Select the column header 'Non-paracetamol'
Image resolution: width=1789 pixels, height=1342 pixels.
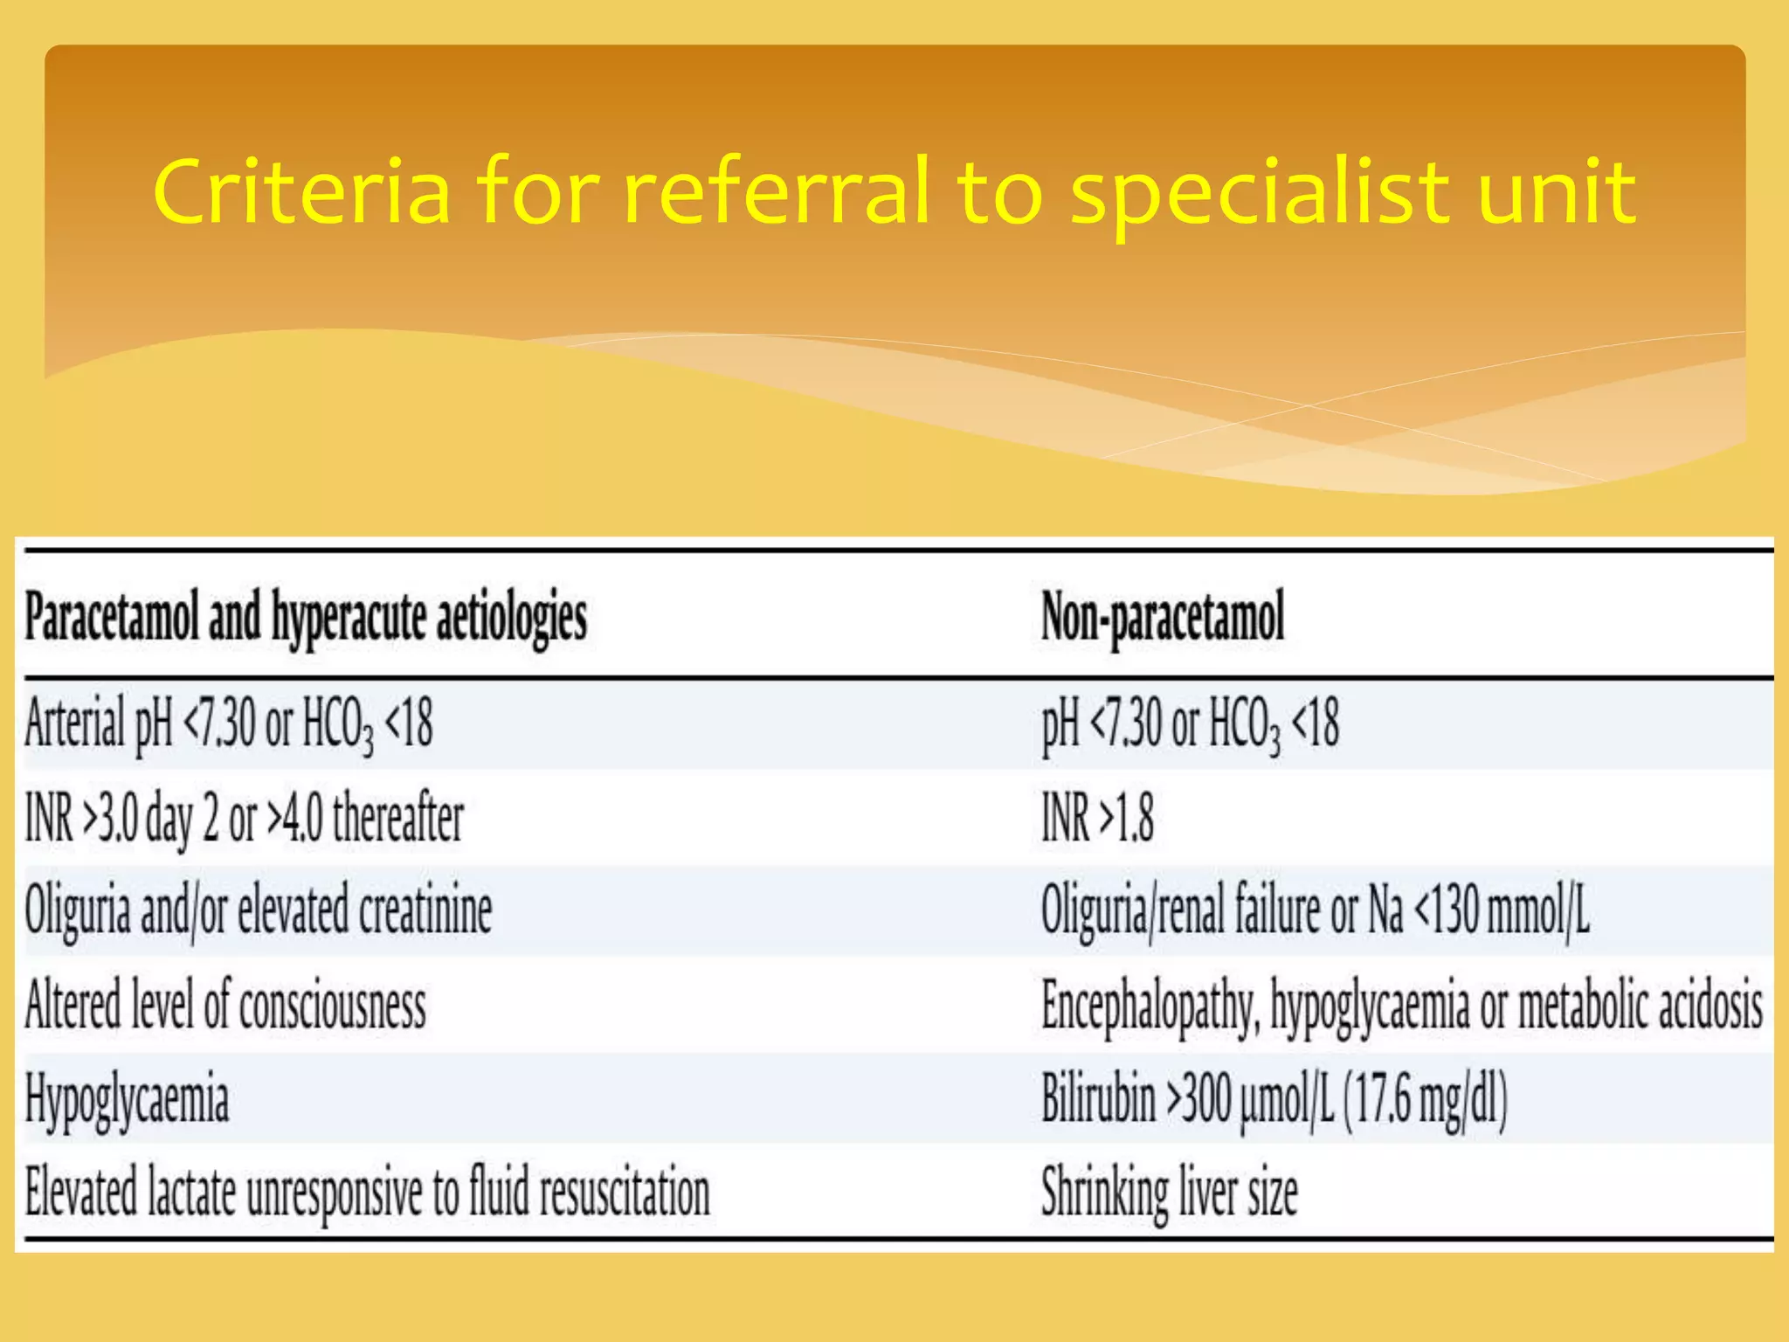(1163, 617)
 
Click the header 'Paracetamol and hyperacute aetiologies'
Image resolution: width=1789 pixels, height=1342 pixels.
(306, 617)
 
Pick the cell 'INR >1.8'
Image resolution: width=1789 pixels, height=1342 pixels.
(1097, 819)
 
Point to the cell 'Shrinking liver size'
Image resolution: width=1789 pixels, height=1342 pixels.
(1169, 1193)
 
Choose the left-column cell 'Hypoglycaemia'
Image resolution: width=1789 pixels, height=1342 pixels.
(127, 1100)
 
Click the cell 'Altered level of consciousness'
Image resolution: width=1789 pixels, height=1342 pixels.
(225, 1006)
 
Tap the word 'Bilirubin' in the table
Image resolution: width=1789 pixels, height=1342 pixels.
(1098, 1098)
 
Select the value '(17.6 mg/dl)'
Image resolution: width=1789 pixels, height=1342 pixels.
(1425, 1098)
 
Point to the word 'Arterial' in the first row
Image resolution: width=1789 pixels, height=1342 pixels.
(75, 723)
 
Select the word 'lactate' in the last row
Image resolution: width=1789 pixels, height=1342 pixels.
(191, 1193)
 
